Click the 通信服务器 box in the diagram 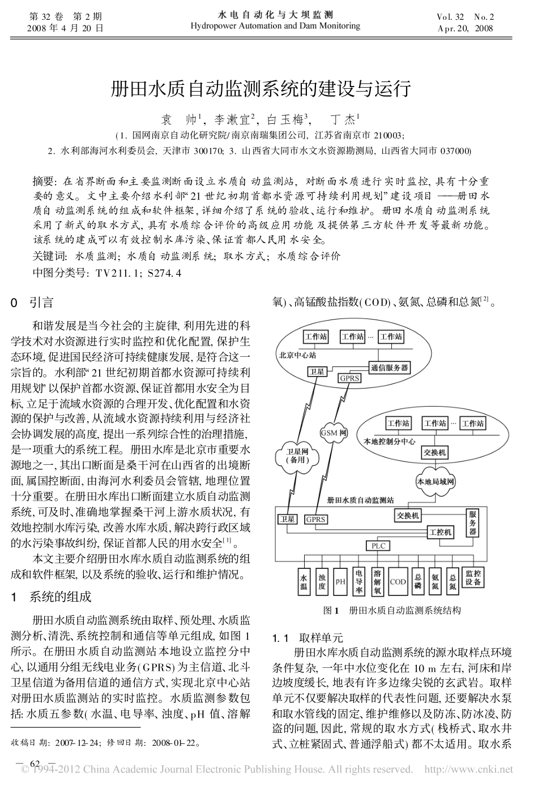click(x=390, y=368)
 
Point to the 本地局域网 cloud click(x=435, y=482)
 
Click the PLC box click(x=378, y=546)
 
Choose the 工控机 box click(x=441, y=532)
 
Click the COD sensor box click(x=398, y=581)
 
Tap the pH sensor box click(x=340, y=581)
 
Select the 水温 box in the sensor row click(x=304, y=582)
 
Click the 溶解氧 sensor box click(x=377, y=582)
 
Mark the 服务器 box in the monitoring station click(x=473, y=523)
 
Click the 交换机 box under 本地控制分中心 click(x=434, y=452)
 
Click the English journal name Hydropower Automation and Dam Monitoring click(x=275, y=26)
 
